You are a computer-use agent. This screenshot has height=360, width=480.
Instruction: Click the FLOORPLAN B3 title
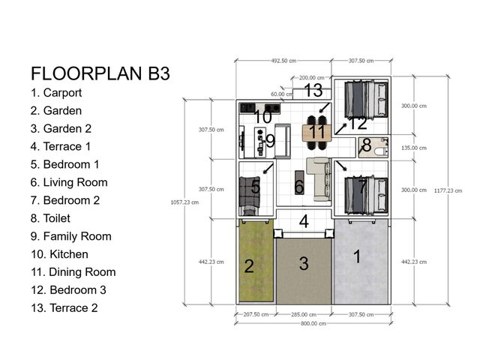100,73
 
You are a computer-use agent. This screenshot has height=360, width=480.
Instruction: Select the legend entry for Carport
56,93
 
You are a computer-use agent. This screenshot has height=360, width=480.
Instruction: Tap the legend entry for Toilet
50,218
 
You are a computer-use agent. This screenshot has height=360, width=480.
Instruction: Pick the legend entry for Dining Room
73,272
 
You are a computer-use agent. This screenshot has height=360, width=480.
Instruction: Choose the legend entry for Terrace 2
64,308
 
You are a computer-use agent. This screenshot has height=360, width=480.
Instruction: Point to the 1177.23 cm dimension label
448,190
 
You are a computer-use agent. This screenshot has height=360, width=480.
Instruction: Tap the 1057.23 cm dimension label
184,202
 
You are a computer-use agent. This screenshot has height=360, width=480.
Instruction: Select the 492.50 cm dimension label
283,61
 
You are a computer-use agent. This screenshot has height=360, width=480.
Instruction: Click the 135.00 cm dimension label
414,148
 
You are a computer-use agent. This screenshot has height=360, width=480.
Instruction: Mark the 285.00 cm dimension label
304,314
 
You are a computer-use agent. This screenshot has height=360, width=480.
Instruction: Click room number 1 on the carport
357,256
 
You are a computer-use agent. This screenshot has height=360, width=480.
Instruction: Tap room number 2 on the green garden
249,266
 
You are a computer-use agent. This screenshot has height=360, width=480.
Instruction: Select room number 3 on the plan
304,263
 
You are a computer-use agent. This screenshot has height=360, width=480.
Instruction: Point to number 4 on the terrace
304,221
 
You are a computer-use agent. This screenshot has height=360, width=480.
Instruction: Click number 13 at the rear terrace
313,90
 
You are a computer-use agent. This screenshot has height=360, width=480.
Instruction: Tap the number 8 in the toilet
367,145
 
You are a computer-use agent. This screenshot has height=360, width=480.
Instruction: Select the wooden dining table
316,133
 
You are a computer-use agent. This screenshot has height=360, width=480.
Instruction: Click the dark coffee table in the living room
299,182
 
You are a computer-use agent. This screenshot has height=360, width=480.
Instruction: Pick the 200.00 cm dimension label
312,78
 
